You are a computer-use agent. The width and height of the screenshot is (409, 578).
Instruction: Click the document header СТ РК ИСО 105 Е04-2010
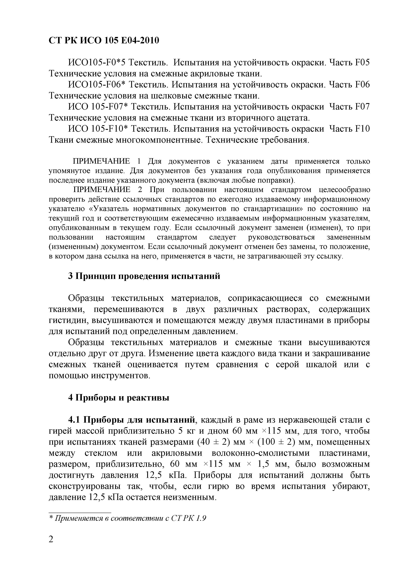click(x=104, y=40)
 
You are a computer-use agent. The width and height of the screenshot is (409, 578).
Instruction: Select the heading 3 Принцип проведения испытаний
click(x=144, y=276)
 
